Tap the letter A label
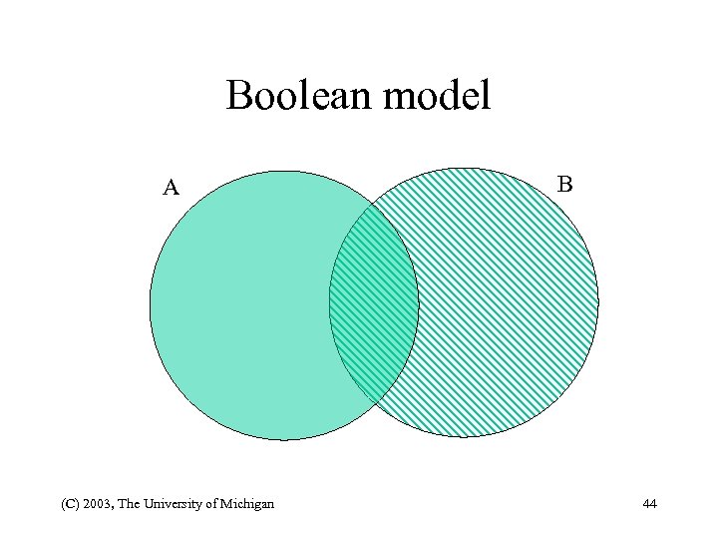172,188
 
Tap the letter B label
564,184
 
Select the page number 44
650,504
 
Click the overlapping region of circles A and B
374,303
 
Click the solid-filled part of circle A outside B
239,304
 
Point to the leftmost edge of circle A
151,304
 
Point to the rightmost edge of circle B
598,302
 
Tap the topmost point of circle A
284,171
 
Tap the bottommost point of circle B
464,437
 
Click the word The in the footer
129,504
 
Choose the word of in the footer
210,504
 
